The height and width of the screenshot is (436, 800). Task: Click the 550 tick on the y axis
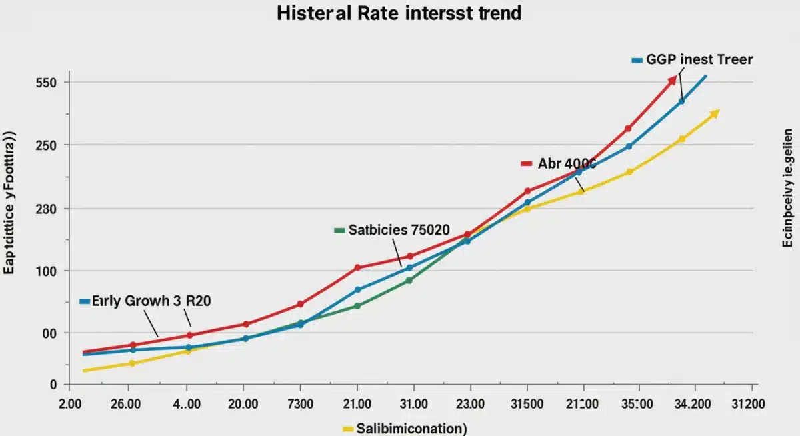click(51, 83)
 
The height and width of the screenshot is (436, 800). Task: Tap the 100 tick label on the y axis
click(51, 271)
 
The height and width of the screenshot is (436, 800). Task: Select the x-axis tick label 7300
click(300, 404)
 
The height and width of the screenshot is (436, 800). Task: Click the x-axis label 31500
click(527, 404)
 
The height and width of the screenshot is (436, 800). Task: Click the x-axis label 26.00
click(125, 404)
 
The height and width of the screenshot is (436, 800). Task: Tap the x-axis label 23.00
click(471, 404)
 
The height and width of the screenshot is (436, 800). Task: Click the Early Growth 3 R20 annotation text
click(151, 301)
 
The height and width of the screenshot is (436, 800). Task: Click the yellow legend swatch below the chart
click(347, 429)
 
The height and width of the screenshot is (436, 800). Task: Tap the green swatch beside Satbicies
click(339, 231)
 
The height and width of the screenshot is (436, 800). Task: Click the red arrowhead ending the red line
click(672, 81)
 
